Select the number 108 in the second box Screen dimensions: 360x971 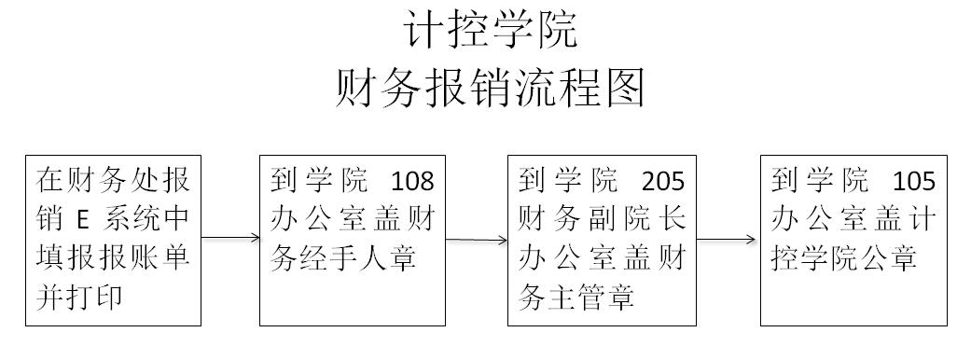[412, 180]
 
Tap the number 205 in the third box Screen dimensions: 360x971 [664, 180]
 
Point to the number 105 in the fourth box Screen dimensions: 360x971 [913, 180]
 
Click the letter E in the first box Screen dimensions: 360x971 [81, 220]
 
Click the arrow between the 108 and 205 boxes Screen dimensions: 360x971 [477, 240]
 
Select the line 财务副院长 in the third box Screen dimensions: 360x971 [603, 219]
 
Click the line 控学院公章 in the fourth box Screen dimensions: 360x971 [843, 258]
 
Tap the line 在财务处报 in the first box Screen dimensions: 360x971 [113, 180]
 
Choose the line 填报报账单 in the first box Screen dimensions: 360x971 [113, 258]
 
